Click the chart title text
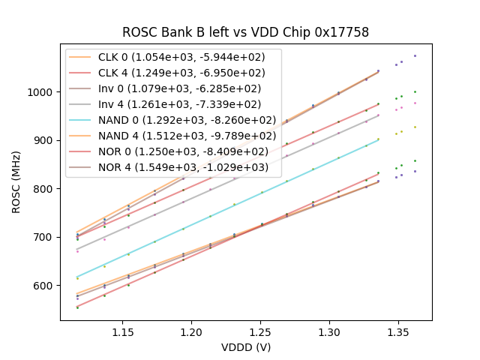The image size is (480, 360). point(245,32)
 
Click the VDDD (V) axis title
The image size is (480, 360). point(245,347)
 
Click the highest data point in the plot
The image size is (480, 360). point(415,55)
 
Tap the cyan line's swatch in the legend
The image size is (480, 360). point(81,120)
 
